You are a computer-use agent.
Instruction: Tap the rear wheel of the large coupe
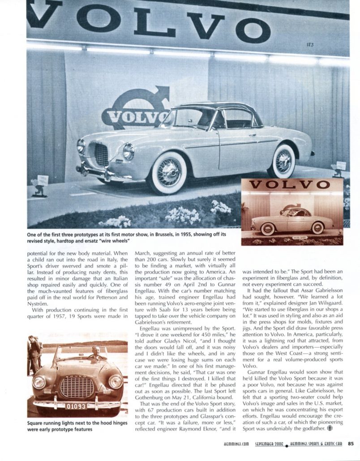pos(284,160)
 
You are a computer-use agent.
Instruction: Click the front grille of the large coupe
pos(101,155)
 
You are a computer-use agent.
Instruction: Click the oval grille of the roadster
pos(77,387)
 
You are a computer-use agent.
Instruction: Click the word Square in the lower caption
pos(36,423)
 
